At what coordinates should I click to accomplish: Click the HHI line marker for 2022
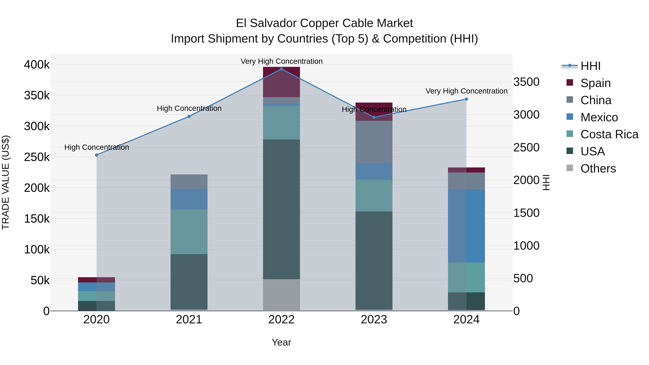pos(281,69)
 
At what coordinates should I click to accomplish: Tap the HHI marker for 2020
pos(96,155)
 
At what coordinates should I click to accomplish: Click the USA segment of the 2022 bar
pos(281,209)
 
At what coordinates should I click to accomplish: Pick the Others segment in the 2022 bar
pos(281,295)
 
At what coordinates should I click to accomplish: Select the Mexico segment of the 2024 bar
pos(466,226)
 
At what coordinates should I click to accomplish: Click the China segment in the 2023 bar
pos(374,142)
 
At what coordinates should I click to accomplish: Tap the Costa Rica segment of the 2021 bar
pos(189,232)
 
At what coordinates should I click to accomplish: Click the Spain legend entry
pos(595,83)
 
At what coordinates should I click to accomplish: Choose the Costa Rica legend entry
pos(609,134)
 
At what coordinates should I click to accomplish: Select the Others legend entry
pos(598,169)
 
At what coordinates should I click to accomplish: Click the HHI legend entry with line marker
pos(590,66)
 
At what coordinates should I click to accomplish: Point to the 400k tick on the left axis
pos(37,65)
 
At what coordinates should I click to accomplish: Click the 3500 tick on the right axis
pos(526,82)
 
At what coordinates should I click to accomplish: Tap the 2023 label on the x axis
pos(374,320)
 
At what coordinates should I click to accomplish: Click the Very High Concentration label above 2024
pos(466,91)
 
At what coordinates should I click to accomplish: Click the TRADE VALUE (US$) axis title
pos(6,182)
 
